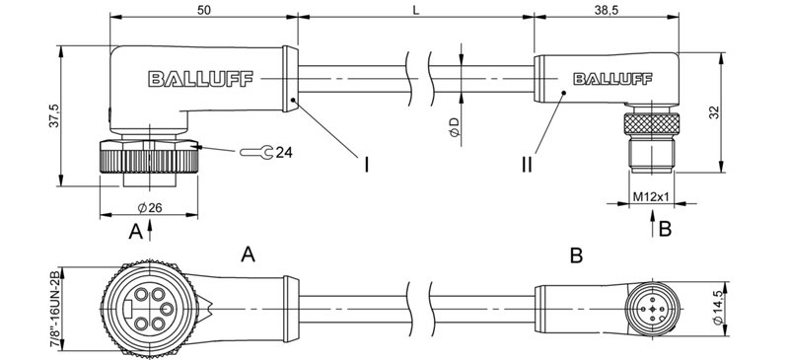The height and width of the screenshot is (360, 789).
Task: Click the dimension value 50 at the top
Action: pyautogui.click(x=202, y=8)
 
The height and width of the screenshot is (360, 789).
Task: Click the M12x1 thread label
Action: pyautogui.click(x=650, y=196)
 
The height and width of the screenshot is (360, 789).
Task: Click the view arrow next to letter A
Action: pyautogui.click(x=150, y=230)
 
